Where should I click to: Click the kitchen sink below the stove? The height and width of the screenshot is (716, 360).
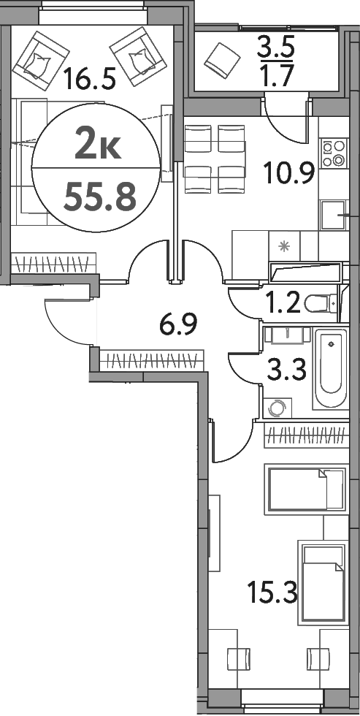point(333,213)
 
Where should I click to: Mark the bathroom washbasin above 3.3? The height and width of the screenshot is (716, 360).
point(288,335)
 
